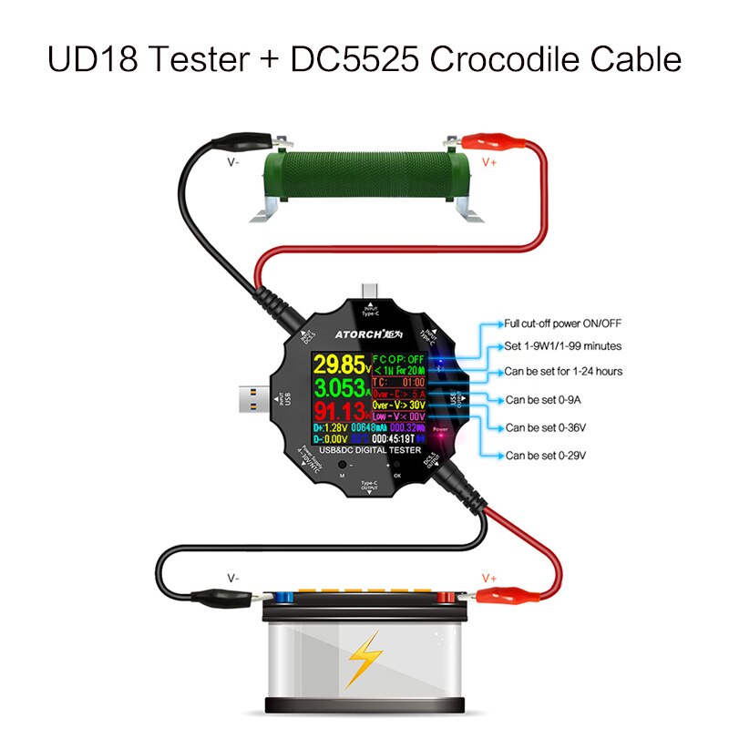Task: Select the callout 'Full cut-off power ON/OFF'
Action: tap(563, 323)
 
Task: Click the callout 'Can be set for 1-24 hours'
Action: tap(564, 372)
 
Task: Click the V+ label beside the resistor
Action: tap(488, 163)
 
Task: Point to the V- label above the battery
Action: tap(234, 578)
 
